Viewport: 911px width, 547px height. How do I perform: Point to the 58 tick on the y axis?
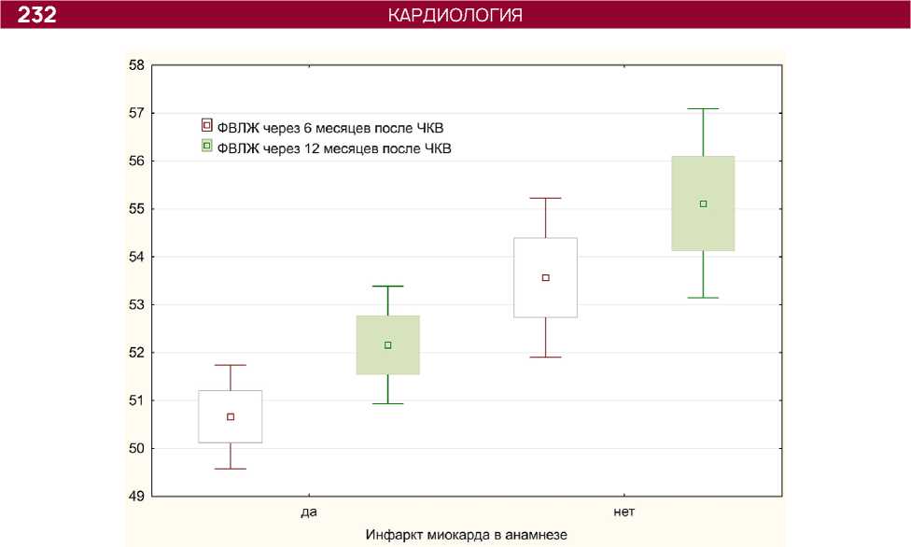click(137, 65)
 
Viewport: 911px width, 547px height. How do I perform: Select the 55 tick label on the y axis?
click(137, 209)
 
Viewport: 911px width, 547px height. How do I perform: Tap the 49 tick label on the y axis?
click(137, 497)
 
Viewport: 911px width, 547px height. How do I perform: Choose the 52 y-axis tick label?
click(137, 353)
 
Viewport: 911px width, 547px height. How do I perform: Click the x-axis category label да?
click(308, 512)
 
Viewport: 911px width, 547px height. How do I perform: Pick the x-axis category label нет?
click(624, 512)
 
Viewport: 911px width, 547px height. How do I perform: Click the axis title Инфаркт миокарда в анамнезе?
click(466, 534)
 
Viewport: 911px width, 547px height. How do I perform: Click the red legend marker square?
click(207, 125)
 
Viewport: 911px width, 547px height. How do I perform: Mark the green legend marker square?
click(207, 146)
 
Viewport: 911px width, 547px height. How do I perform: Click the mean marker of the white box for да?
click(231, 416)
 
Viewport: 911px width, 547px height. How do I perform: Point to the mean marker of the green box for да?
click(388, 345)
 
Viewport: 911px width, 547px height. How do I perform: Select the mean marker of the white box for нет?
click(546, 277)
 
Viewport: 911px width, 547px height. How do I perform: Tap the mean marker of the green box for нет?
click(703, 203)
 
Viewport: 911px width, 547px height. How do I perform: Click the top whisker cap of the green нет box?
click(703, 109)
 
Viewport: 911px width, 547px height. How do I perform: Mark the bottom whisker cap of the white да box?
click(231, 469)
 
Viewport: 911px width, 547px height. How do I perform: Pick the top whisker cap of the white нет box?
click(546, 199)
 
